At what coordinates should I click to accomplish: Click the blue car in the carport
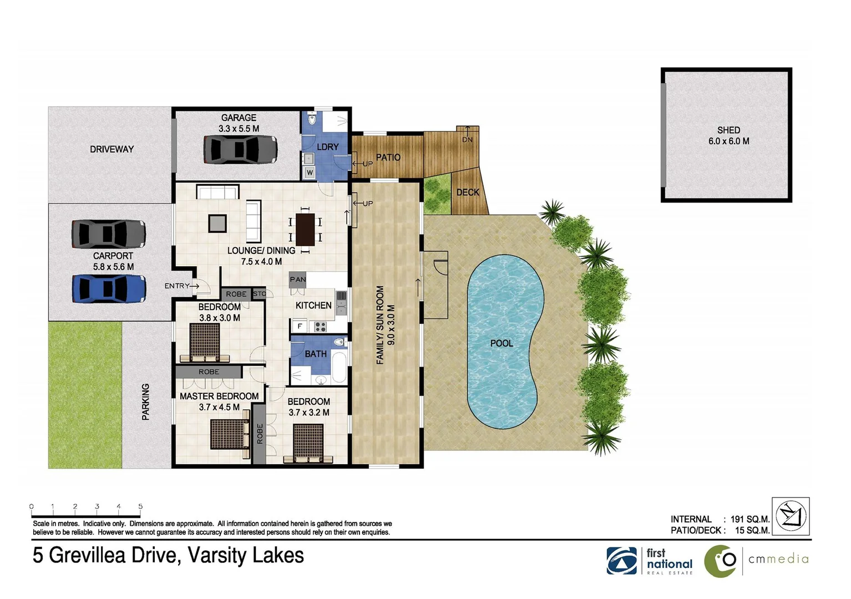click(109, 289)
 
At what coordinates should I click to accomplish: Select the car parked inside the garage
click(240, 149)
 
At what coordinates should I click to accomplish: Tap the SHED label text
click(728, 130)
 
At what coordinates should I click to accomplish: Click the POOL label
click(502, 343)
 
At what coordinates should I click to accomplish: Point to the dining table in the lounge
click(305, 229)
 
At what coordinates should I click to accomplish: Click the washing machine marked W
click(310, 173)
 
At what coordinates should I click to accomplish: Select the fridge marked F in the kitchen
click(300, 326)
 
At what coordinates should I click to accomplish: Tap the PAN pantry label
click(297, 280)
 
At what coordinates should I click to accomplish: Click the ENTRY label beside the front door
click(177, 286)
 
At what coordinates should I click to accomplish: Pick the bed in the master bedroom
click(229, 434)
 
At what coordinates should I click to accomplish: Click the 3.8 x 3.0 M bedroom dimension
click(220, 318)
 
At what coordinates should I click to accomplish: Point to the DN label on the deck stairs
click(467, 140)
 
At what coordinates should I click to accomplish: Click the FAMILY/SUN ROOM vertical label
click(380, 325)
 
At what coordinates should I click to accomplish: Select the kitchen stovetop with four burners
click(321, 327)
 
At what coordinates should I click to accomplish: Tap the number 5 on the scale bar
click(140, 506)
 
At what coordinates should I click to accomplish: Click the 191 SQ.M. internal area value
click(749, 519)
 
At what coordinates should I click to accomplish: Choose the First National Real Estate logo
click(650, 561)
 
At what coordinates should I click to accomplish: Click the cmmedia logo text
click(778, 559)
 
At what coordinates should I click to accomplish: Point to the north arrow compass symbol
click(791, 516)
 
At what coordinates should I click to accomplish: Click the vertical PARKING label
click(145, 402)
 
